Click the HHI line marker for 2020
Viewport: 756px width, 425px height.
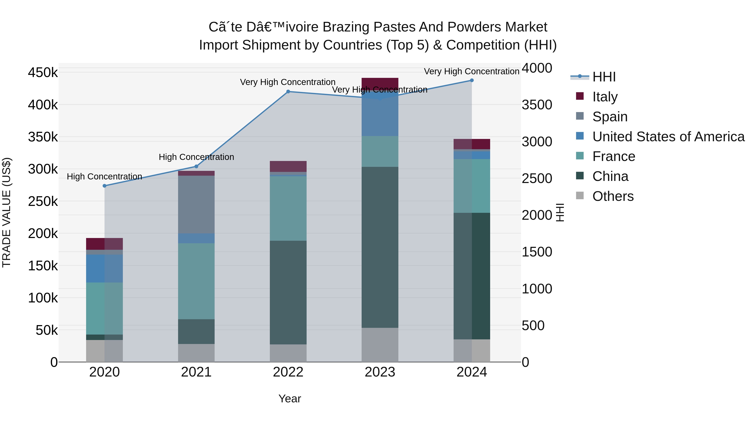[105, 186]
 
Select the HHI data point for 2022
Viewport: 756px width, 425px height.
[288, 92]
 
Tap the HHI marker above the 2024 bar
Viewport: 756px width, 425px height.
[472, 80]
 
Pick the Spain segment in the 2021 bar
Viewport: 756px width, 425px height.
[196, 204]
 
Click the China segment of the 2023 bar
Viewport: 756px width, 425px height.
[380, 247]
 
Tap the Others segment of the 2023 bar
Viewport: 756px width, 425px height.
[380, 345]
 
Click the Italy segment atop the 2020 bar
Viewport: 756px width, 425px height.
[105, 244]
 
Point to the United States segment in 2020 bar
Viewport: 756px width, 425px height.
[105, 268]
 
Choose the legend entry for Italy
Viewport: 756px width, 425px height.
[605, 97]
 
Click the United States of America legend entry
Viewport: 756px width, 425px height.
[668, 137]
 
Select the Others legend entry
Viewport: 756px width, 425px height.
[613, 196]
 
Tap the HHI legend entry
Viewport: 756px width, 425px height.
[604, 77]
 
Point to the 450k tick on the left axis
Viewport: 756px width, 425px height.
[43, 72]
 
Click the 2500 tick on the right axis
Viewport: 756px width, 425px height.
[537, 178]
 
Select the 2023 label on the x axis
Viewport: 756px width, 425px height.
[380, 372]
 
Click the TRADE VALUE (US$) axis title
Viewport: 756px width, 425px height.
[7, 212]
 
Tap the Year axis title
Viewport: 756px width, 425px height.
[290, 399]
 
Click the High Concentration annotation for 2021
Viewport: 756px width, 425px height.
[196, 157]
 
